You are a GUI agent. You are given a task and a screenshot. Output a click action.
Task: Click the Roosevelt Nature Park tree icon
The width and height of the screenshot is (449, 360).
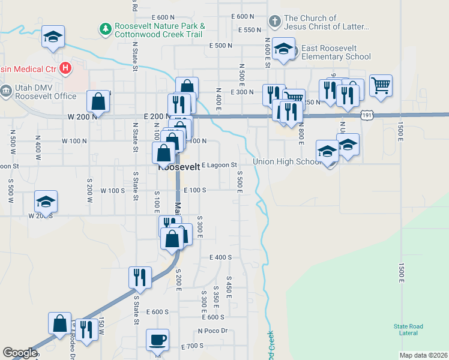(106, 28)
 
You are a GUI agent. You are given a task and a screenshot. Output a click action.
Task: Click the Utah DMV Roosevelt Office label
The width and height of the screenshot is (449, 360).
(46, 92)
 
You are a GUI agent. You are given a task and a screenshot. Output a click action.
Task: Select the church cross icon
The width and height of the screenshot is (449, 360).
(275, 22)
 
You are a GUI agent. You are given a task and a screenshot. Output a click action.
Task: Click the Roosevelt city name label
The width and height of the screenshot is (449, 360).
(178, 168)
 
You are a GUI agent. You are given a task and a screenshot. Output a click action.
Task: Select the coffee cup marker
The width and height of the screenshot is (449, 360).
(158, 340)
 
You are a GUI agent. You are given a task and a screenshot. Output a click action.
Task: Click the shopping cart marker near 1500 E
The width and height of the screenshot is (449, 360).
(381, 85)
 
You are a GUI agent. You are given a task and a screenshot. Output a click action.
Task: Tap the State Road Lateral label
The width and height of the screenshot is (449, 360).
(408, 329)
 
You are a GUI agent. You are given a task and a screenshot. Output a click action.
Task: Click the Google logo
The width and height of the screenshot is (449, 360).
(19, 353)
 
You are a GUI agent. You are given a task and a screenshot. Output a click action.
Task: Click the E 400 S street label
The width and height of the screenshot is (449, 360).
(220, 257)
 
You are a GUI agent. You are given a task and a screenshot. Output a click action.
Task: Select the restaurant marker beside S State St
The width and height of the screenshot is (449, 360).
(140, 277)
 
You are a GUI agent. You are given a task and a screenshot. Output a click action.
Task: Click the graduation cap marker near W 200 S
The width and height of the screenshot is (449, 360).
(46, 202)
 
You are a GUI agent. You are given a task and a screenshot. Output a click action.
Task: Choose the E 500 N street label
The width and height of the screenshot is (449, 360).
(220, 46)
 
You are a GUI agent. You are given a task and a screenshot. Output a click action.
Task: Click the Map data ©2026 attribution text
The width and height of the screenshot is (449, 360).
(424, 355)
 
